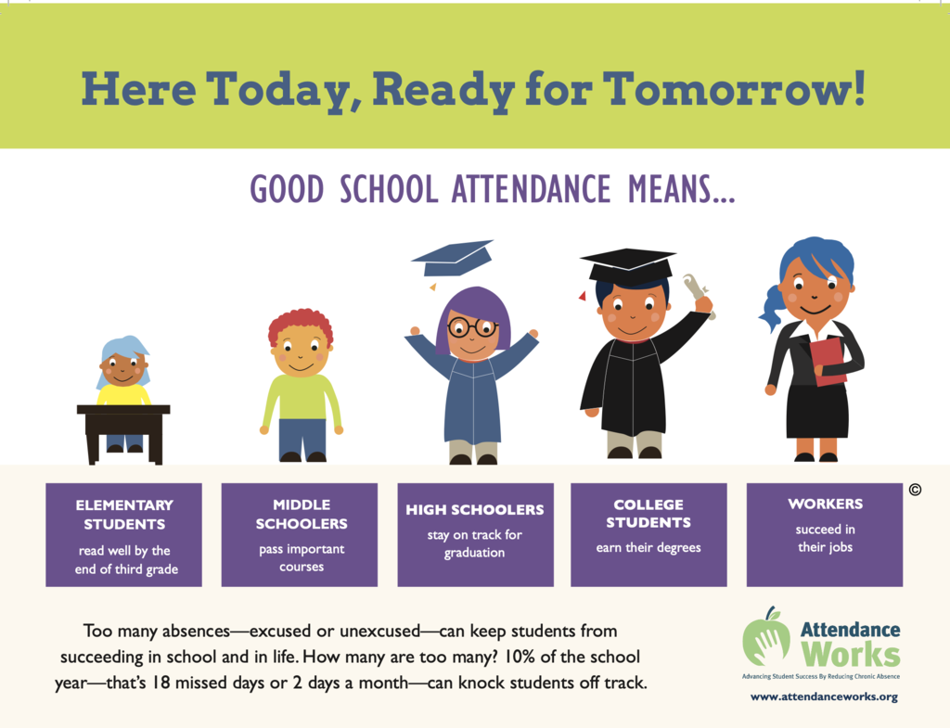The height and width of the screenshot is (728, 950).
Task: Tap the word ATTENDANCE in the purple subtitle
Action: coord(531,189)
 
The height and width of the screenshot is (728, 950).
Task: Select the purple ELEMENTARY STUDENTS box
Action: coord(123,535)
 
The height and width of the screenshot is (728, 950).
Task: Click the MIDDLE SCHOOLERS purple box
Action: coord(300,535)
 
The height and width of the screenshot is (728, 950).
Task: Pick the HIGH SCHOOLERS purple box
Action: coord(475,535)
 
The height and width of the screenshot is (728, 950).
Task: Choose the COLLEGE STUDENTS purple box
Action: coord(648,535)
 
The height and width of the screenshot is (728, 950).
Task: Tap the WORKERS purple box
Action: coord(824,535)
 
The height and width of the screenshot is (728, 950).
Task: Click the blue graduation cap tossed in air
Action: coord(453,257)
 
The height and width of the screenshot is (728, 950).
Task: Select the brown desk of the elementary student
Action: coord(123,427)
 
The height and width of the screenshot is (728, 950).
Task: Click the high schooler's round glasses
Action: coord(472,326)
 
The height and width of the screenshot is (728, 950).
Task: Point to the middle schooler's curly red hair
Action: coord(300,325)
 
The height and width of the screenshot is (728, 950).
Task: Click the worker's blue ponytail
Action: coord(771,306)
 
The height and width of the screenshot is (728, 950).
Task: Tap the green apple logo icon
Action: coord(766,638)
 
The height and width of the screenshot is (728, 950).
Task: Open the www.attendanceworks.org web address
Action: coord(824,696)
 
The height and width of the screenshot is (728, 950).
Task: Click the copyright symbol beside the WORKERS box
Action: coord(915,490)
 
